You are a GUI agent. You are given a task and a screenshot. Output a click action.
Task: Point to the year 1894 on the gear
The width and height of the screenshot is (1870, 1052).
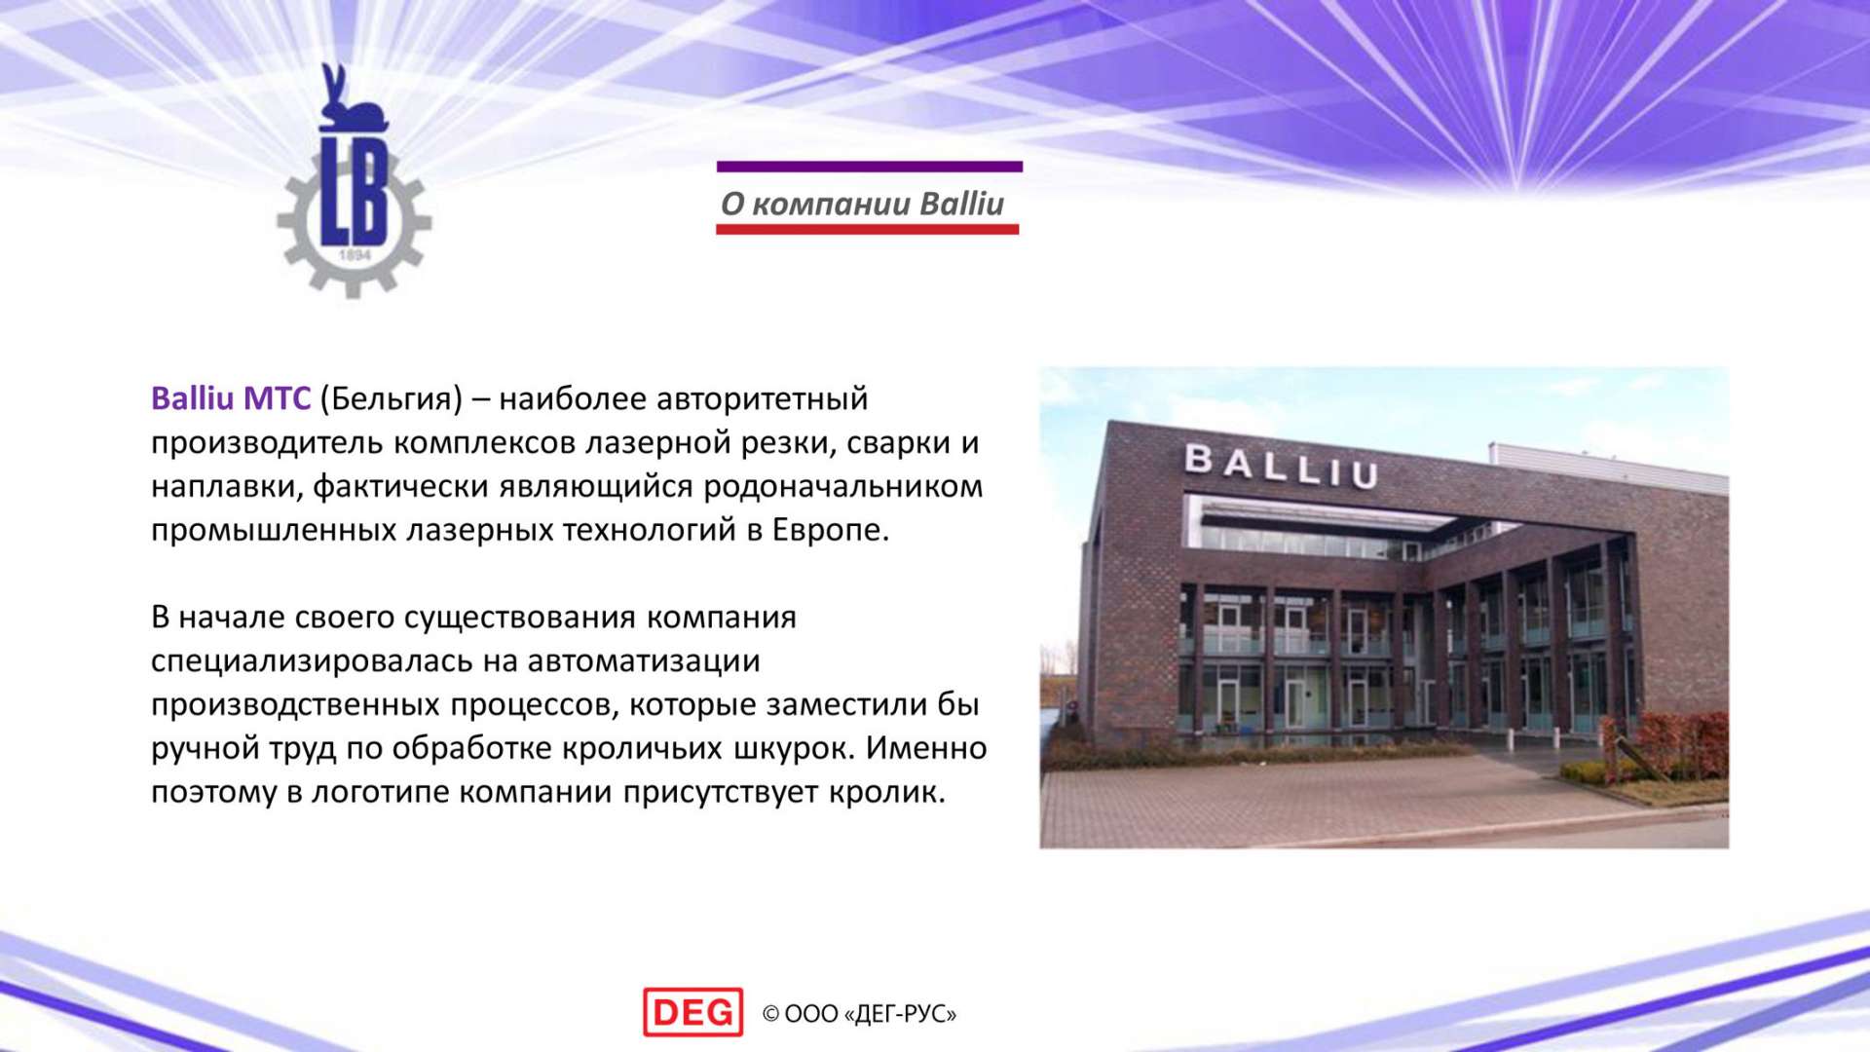pos(355,255)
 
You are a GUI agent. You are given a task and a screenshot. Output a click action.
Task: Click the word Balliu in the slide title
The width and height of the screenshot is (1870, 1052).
pos(961,204)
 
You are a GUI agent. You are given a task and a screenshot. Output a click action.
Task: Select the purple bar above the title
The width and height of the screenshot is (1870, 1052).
pos(870,167)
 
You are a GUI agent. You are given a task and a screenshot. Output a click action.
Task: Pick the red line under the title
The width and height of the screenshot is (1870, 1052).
pos(868,230)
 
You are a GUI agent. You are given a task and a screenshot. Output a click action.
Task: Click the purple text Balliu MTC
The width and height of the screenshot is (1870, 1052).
pos(231,398)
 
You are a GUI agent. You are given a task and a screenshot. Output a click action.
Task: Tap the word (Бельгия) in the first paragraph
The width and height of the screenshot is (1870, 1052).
pos(391,399)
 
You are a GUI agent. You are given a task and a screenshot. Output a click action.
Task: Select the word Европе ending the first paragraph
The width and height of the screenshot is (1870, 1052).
pos(831,530)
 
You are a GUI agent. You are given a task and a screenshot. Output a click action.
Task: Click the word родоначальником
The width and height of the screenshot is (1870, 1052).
pos(843,486)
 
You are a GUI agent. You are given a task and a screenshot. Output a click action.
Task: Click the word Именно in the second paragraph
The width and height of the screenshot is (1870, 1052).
pos(926,748)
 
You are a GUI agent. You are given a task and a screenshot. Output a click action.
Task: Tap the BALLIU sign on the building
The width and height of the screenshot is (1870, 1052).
pos(1281,466)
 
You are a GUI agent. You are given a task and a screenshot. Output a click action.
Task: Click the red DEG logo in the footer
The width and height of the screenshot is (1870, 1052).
pos(692,1012)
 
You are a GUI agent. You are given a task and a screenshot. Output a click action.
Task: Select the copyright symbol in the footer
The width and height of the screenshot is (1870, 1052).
pos(770,1015)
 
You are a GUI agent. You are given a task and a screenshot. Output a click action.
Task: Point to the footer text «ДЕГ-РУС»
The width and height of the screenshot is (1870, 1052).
pos(901,1015)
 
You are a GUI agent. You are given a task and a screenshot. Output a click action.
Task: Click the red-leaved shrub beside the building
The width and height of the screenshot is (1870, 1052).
pos(1675,745)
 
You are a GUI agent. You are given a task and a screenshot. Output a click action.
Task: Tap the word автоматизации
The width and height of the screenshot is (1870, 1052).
pos(644,661)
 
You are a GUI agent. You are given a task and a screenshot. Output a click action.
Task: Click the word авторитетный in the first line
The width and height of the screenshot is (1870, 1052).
pos(763,399)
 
